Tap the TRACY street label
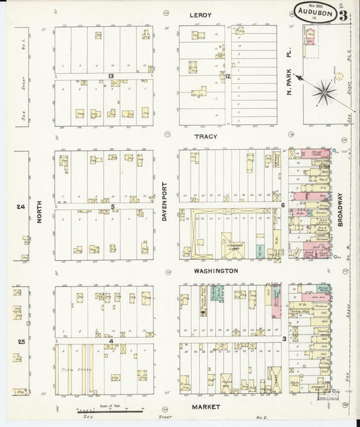pyautogui.click(x=205, y=136)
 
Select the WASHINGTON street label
pyautogui.click(x=215, y=270)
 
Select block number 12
pyautogui.click(x=228, y=76)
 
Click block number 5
pyautogui.click(x=113, y=207)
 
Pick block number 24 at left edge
pyautogui.click(x=21, y=207)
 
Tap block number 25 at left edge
pyautogui.click(x=21, y=342)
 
